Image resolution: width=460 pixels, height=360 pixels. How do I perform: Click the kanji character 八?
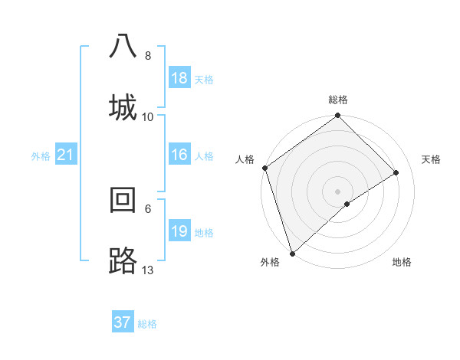point(123,46)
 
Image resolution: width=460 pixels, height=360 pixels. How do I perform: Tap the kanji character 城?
point(123,105)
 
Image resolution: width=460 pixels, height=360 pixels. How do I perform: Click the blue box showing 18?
point(179,78)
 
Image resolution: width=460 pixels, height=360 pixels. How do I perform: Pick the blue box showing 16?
point(179,155)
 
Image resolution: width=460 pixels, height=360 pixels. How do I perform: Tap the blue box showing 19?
point(179,231)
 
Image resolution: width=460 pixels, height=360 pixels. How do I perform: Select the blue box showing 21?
point(66,155)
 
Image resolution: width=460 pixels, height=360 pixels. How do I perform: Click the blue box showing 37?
point(123,322)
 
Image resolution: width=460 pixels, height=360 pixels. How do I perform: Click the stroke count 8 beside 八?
point(147,56)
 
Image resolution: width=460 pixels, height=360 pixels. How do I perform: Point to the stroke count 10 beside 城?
point(148,116)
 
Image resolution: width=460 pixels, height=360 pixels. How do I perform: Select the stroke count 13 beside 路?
point(148,270)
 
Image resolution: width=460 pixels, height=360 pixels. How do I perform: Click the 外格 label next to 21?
point(41,156)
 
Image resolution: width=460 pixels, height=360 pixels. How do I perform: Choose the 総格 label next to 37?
point(147,324)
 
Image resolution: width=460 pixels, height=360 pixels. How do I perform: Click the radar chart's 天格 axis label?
point(431,159)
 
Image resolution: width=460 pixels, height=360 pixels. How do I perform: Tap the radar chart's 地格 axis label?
point(402,262)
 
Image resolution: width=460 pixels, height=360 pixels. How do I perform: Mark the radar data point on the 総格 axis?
point(337,116)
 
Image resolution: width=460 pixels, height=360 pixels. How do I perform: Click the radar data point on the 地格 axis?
point(347,204)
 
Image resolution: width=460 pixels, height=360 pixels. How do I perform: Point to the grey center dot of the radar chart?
point(337,191)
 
